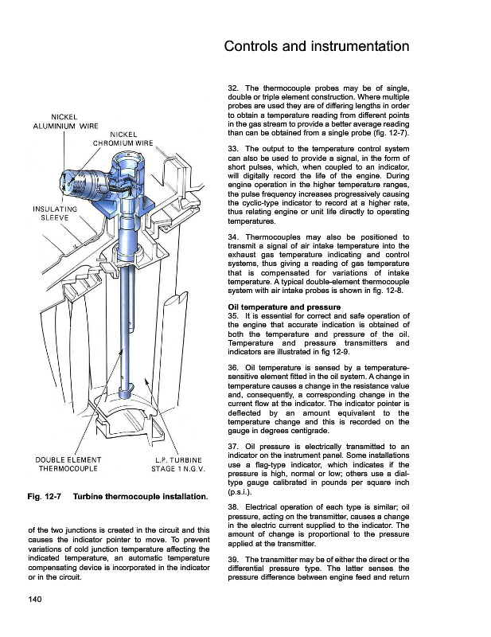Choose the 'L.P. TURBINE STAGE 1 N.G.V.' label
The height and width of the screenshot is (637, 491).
(x=178, y=463)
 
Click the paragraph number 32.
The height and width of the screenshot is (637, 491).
(x=233, y=87)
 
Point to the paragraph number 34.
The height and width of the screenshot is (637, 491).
(x=233, y=236)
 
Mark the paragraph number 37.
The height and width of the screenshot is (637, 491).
(x=233, y=445)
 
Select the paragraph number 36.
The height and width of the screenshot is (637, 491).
(x=233, y=367)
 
